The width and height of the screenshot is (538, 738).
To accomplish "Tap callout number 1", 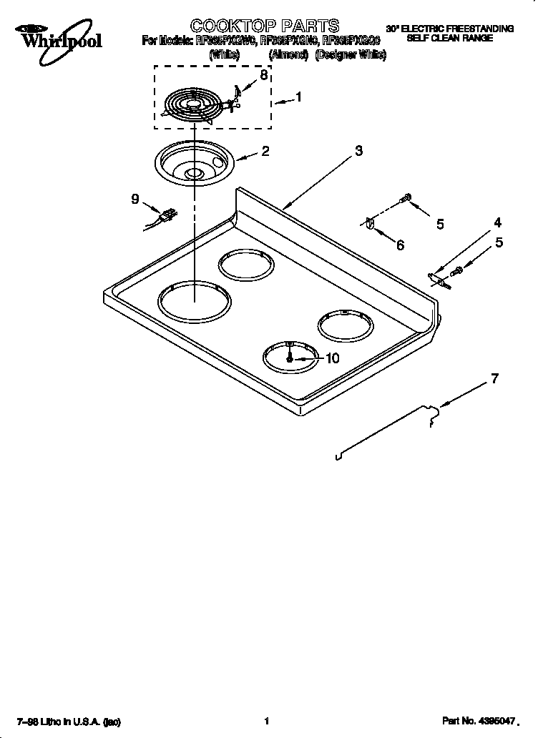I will tap(298, 98).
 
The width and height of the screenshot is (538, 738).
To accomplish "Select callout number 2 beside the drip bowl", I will tap(265, 151).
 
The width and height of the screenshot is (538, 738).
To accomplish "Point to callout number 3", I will tap(358, 151).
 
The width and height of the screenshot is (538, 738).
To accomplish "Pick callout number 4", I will tap(498, 222).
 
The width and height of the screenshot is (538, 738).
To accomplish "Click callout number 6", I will tap(400, 245).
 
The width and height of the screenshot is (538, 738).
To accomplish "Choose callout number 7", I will tap(494, 379).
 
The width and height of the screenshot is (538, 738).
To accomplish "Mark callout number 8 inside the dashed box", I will tap(264, 74).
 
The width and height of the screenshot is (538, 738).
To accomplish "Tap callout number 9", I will tap(135, 200).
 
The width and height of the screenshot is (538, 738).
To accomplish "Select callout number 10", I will tap(332, 359).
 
